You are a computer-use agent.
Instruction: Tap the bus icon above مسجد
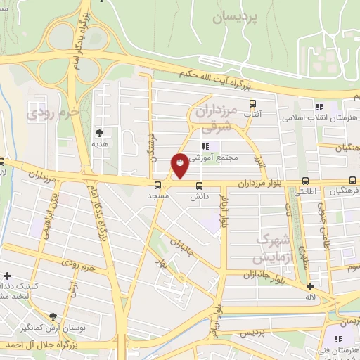tap(157, 186)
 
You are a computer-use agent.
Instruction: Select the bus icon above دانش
tap(199, 186)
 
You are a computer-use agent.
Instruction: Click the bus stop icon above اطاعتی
tap(304, 180)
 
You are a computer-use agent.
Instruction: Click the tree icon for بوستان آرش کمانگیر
tap(53, 316)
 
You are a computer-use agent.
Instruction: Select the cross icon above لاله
tap(310, 286)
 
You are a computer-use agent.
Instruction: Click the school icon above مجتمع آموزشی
tap(205, 146)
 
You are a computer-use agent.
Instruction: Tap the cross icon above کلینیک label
tap(8, 276)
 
